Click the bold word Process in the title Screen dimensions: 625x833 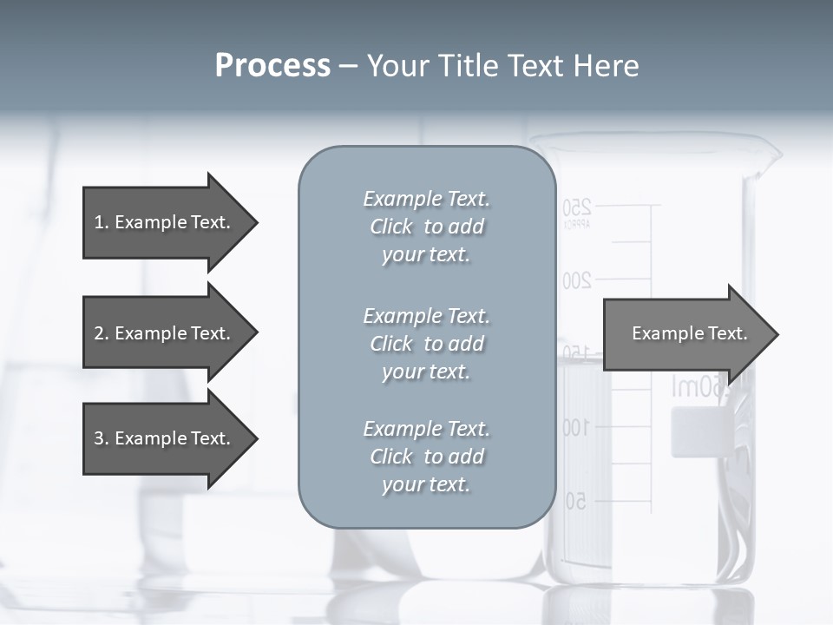(272, 66)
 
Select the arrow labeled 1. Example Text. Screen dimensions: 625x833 (165, 222)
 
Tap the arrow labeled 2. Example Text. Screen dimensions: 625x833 (165, 333)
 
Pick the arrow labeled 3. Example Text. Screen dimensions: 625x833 (165, 438)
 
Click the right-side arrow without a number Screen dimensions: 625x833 (685, 333)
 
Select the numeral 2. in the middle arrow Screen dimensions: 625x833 (101, 333)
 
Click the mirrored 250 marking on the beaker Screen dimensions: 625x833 (577, 207)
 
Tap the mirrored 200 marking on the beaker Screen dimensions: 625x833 (577, 280)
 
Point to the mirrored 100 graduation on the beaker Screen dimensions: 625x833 (576, 427)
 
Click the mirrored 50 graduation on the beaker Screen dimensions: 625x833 (575, 501)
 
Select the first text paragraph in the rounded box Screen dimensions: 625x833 (426, 227)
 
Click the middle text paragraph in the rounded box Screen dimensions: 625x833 (426, 344)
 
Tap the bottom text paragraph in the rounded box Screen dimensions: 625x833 (426, 457)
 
